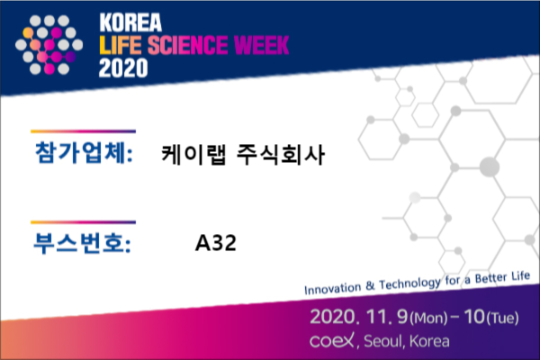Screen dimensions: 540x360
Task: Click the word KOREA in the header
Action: (x=130, y=22)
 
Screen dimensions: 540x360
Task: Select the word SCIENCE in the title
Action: (x=188, y=45)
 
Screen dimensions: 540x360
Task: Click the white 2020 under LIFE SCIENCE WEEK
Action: (x=123, y=67)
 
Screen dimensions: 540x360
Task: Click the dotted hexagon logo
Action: (x=49, y=45)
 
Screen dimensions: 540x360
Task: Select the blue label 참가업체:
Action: (x=84, y=152)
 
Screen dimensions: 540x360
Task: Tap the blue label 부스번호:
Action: (x=82, y=243)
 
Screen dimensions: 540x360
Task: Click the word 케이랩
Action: (x=193, y=154)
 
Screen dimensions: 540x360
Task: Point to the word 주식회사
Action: (x=281, y=154)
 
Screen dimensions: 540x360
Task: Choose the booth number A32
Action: (x=216, y=243)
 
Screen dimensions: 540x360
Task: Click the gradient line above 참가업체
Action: (x=84, y=131)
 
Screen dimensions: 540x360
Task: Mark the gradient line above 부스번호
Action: (x=84, y=222)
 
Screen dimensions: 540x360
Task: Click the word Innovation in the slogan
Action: (x=333, y=288)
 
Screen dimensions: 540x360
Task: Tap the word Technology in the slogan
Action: (x=409, y=283)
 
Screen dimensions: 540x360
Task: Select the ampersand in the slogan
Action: (x=370, y=285)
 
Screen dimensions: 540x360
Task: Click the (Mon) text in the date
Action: (x=428, y=318)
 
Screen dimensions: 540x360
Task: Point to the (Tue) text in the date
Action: (x=502, y=318)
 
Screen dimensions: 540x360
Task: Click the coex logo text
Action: (x=331, y=341)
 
